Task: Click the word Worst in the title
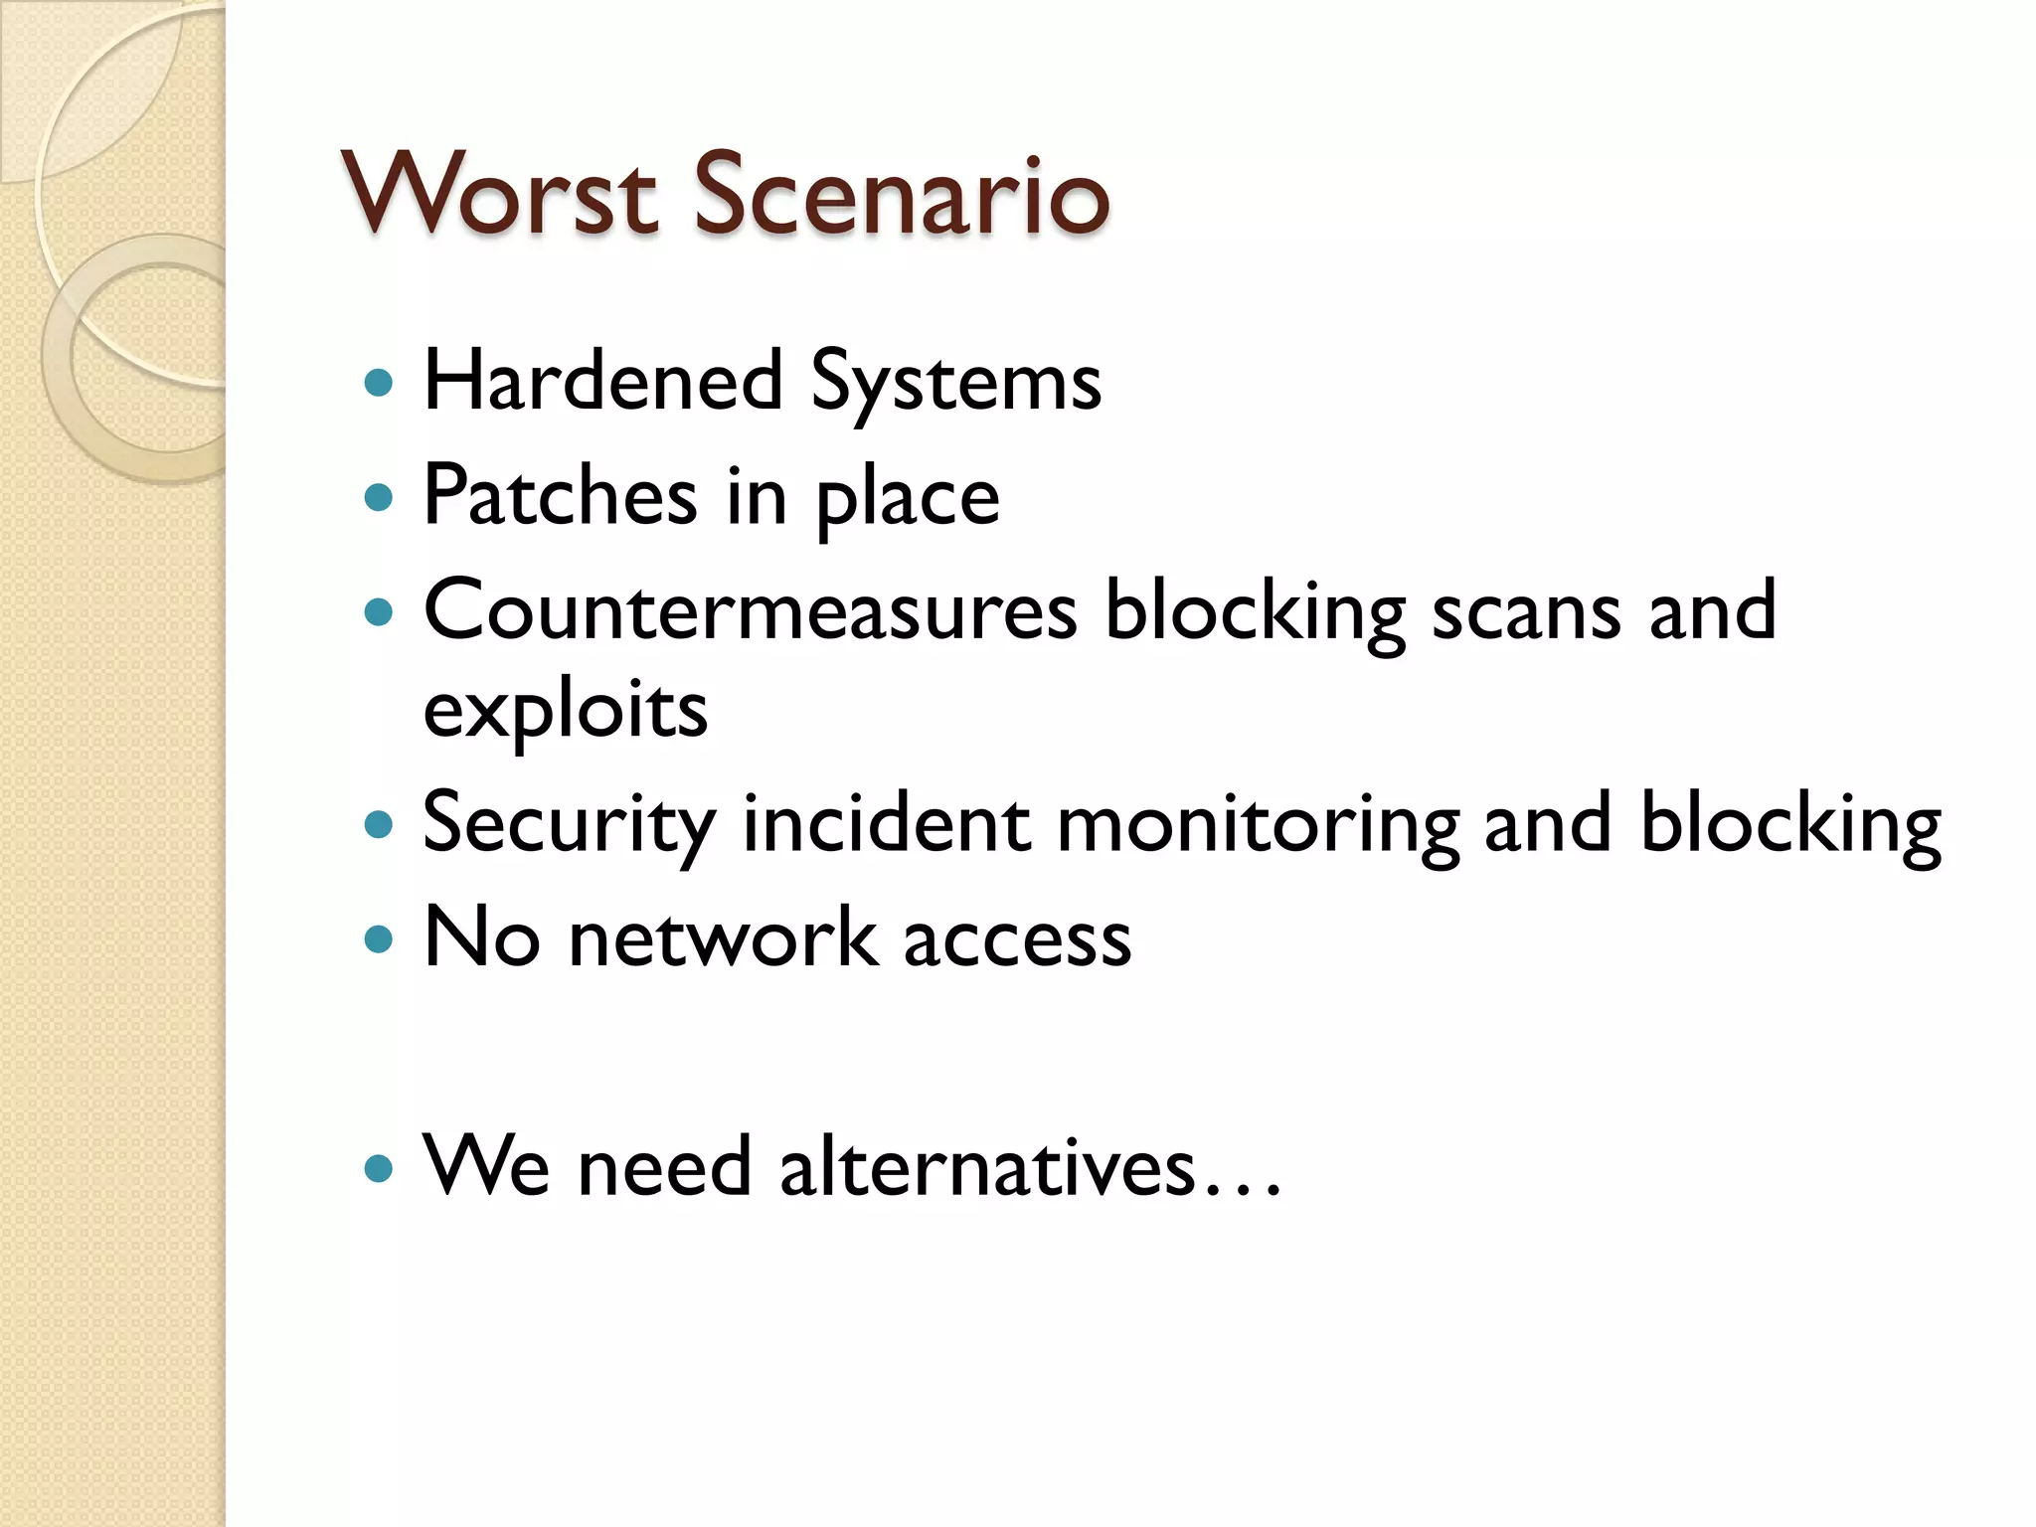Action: [x=499, y=194]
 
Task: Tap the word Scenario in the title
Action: [x=901, y=194]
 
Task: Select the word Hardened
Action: [x=603, y=381]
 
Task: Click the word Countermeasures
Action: [x=751, y=610]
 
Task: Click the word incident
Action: [x=887, y=824]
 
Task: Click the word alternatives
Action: [x=987, y=1167]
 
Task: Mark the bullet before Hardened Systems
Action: [x=379, y=383]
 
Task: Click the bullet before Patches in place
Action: [x=379, y=496]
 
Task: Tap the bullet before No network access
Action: [x=379, y=938]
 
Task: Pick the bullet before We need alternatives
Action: [x=379, y=1167]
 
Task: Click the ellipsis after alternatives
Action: [x=1243, y=1187]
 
